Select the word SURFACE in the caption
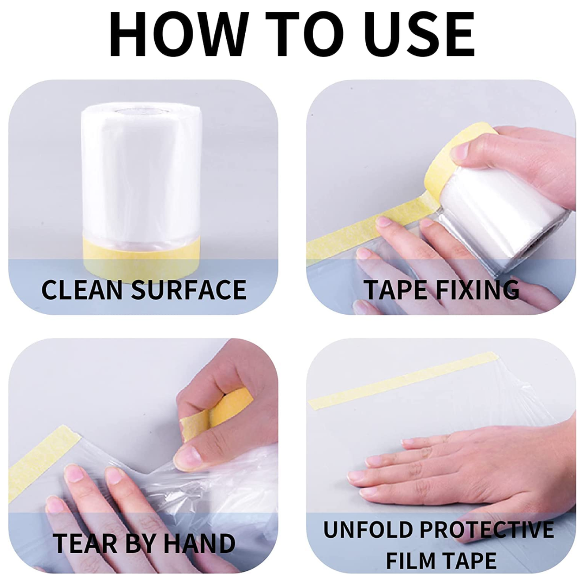pyautogui.click(x=189, y=290)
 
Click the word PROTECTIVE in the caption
pyautogui.click(x=487, y=530)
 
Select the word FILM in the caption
pyautogui.click(x=409, y=560)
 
